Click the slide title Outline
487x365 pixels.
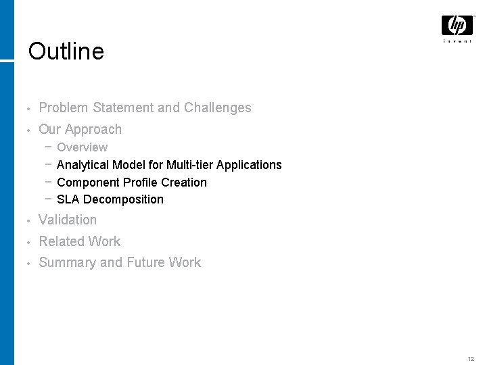coord(66,51)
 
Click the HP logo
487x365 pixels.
coord(457,26)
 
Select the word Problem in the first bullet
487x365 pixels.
coord(64,107)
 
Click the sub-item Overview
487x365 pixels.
coord(82,147)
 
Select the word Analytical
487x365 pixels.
coord(83,165)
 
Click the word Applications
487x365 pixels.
coord(249,165)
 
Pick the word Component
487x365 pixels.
coord(89,182)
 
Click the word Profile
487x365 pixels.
coord(141,182)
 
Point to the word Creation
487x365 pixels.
coord(184,182)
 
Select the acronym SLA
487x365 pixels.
coord(68,199)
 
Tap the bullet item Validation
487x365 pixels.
coord(68,220)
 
